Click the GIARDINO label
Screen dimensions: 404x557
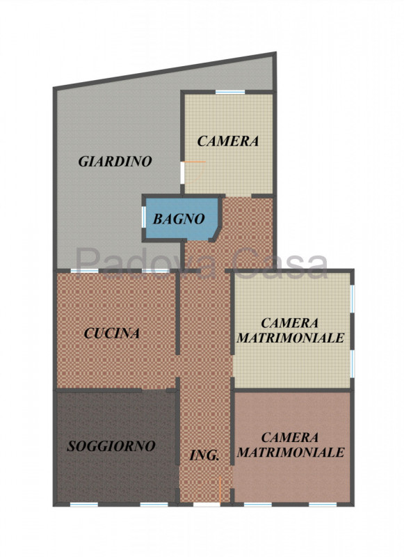pos(115,162)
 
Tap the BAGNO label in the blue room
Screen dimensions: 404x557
pos(179,219)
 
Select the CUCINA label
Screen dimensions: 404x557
pos(112,334)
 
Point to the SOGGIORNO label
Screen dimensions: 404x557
pos(111,446)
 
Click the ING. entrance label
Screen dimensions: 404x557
pos(204,455)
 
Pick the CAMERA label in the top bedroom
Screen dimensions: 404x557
pos(227,141)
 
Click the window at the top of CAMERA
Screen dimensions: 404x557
pos(230,93)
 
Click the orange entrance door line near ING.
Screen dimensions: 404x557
pos(220,489)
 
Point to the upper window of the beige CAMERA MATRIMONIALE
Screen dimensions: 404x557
pos(353,299)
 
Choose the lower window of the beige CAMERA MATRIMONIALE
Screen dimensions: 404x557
pos(353,365)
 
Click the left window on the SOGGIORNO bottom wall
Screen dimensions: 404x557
pos(84,504)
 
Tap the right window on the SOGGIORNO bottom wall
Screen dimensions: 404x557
pos(154,504)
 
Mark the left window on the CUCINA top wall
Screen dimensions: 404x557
pos(84,271)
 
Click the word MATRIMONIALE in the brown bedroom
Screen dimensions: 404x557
pos(291,453)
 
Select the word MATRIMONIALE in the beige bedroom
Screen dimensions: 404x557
pos(291,338)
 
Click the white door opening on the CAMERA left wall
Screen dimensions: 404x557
pos(182,173)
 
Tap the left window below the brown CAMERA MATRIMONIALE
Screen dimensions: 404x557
pos(258,504)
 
